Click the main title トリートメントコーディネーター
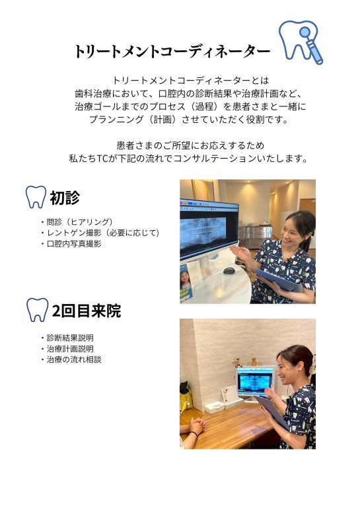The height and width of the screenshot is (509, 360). (x=172, y=52)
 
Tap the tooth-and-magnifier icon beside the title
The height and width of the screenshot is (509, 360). (x=301, y=42)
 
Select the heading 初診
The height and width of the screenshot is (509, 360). (x=65, y=198)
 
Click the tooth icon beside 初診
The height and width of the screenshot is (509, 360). (x=36, y=197)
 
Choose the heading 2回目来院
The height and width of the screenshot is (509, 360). (x=87, y=311)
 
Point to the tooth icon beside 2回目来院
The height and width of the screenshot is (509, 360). (x=37, y=310)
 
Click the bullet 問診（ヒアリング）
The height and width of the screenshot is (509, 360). (x=77, y=222)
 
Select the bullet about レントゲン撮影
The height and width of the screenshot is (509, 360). (x=100, y=233)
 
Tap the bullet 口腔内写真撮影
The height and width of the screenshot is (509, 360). (x=71, y=244)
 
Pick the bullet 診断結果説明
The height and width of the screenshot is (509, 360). (x=67, y=338)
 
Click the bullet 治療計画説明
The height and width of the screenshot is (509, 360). (x=67, y=349)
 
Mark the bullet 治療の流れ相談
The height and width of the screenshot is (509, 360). (x=71, y=360)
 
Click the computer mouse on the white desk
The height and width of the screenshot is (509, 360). (x=229, y=270)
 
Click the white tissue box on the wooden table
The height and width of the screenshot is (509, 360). (x=214, y=407)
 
